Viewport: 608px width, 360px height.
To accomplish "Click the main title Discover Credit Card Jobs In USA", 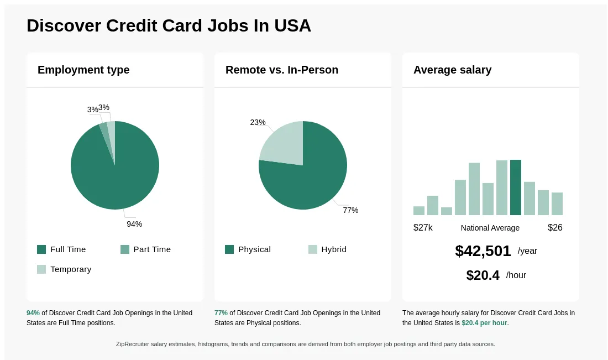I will [169, 25].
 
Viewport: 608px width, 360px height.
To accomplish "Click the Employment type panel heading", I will [83, 70].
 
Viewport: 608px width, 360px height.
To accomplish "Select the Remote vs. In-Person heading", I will [282, 70].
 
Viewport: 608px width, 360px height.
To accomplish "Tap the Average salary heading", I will [452, 70].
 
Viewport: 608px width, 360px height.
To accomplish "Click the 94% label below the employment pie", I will [134, 224].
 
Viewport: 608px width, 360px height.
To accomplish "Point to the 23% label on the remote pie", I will [258, 122].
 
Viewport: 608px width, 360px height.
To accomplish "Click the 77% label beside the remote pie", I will [350, 210].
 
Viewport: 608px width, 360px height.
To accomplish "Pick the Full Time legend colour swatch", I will [41, 249].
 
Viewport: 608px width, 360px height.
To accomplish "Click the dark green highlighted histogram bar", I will [516, 187].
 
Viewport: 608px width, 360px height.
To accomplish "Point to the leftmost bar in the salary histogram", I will [419, 211].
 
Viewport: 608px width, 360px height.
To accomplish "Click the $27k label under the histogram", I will [423, 228].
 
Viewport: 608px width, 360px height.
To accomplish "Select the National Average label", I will [490, 228].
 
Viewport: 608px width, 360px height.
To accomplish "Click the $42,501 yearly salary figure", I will [483, 251].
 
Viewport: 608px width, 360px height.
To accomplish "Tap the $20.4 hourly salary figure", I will [483, 275].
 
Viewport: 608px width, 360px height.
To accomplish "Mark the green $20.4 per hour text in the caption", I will [484, 323].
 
